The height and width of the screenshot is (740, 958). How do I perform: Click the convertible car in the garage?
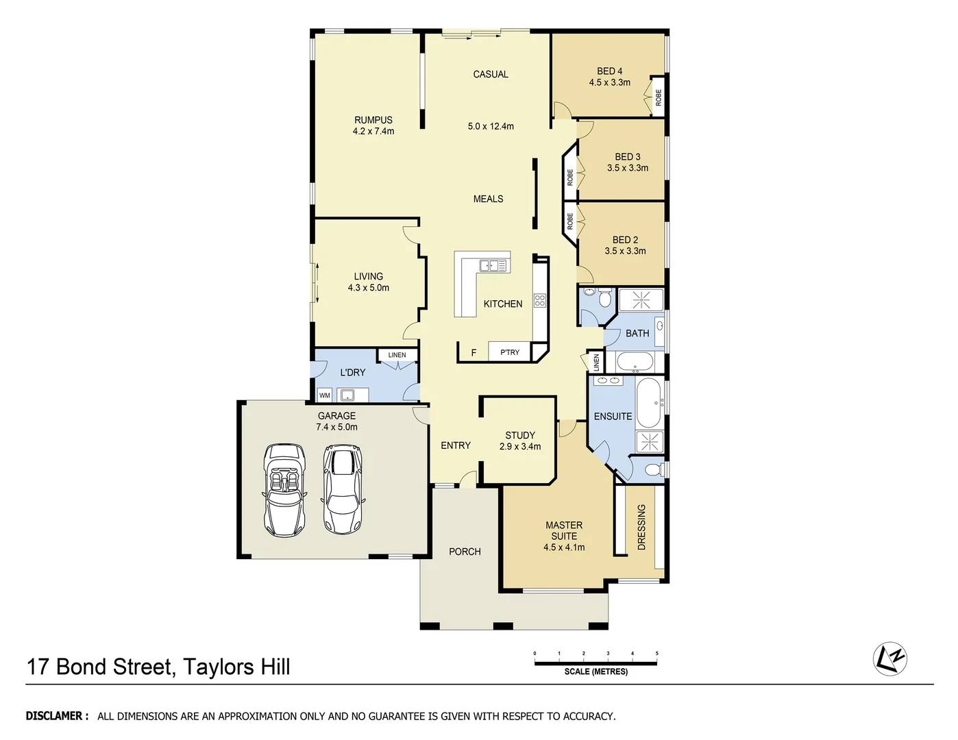[x=285, y=490]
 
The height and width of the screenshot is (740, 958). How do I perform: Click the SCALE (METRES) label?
[x=595, y=671]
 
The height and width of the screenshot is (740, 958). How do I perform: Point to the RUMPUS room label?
[x=373, y=120]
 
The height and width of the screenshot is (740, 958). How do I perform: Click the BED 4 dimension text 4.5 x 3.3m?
[x=609, y=82]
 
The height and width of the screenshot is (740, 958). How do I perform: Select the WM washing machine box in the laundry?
[x=324, y=395]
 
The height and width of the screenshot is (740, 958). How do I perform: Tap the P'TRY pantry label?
[x=510, y=352]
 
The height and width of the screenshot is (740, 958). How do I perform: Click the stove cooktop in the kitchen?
[x=539, y=299]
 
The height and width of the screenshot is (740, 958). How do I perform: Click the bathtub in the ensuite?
[x=648, y=403]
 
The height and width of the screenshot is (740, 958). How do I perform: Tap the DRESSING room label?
[x=641, y=527]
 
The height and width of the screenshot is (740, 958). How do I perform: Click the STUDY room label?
[x=520, y=435]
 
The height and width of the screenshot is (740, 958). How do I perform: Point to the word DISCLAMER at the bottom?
[x=57, y=716]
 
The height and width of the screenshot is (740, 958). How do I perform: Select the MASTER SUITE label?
[x=564, y=530]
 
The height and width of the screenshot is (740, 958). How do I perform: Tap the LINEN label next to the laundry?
[x=397, y=355]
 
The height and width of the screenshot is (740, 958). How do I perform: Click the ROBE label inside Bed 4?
[x=658, y=97]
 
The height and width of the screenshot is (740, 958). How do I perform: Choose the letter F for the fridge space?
[x=473, y=353]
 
